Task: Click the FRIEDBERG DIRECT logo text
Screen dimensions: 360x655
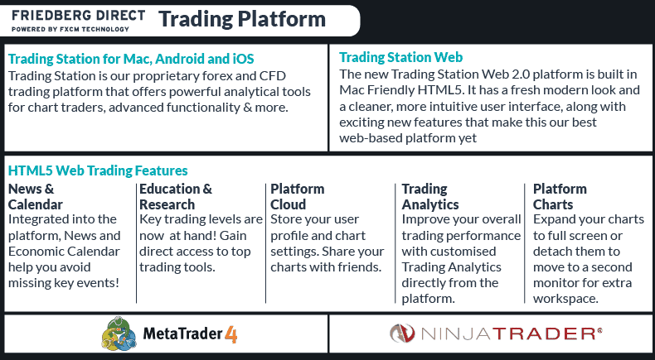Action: click(78, 15)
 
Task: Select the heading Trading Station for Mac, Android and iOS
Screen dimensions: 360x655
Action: click(130, 59)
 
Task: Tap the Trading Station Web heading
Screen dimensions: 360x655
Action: click(401, 57)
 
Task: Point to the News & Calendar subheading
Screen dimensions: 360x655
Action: click(35, 196)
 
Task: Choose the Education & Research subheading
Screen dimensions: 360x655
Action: click(176, 196)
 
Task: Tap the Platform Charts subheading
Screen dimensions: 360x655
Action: click(560, 196)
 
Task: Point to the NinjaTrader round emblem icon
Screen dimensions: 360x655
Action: click(403, 334)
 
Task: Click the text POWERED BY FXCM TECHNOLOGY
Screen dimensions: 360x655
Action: click(70, 29)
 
